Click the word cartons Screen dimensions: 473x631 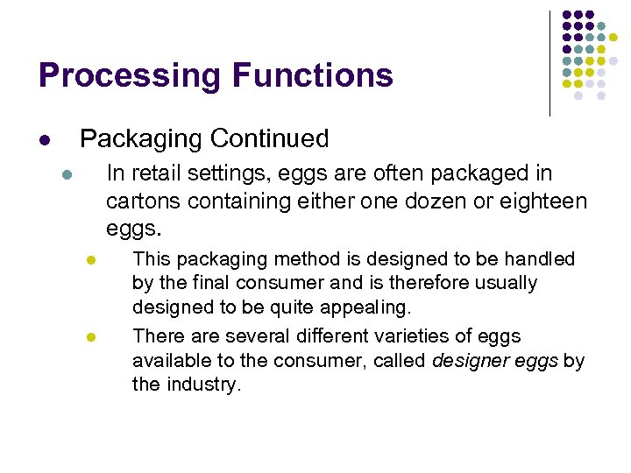[143, 201]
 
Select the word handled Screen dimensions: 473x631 [541, 259]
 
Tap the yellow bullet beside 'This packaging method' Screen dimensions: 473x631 [90, 261]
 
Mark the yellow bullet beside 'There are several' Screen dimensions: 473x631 [90, 337]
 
